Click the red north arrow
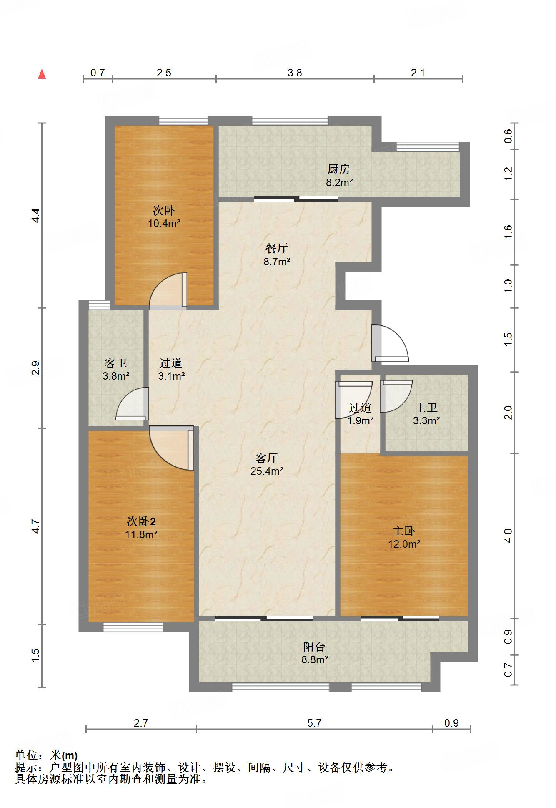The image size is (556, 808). (42, 74)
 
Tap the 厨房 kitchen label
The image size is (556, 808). (338, 169)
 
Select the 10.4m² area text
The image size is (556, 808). (164, 223)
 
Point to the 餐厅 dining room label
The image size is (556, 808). (277, 248)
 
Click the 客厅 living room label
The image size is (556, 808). (267, 458)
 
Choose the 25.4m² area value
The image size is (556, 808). (267, 471)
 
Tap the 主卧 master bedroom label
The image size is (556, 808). (403, 531)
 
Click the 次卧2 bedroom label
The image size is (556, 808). (141, 521)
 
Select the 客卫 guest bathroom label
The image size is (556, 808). (115, 363)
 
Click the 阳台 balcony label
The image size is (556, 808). (314, 647)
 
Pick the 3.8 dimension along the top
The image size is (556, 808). (295, 73)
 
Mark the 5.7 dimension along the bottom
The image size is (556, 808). (314, 723)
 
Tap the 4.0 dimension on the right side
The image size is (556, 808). (508, 536)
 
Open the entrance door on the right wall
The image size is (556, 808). (390, 343)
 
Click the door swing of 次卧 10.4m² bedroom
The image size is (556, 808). (168, 291)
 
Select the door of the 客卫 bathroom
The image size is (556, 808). (132, 404)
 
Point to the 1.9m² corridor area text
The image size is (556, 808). (361, 420)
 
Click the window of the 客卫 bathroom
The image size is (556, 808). (99, 305)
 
